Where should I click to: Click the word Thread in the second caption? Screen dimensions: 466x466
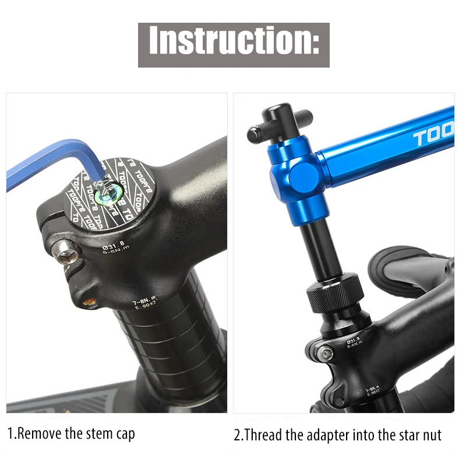[x=264, y=435]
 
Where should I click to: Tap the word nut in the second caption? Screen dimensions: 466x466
[x=432, y=435]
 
